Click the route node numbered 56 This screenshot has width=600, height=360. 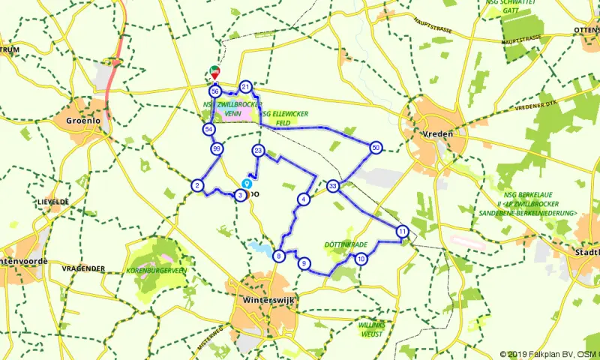coord(214,91)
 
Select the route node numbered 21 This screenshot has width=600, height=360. coord(245,87)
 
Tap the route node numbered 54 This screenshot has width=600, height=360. coord(208,130)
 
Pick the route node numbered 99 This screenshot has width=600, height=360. coord(217,148)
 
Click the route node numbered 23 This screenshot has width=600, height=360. coord(259,151)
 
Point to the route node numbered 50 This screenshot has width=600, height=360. coord(376,148)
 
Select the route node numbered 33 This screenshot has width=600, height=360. coord(333,185)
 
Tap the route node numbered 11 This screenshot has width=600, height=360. coord(403,231)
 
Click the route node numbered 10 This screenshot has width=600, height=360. coord(361,259)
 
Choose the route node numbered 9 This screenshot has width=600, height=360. coord(304,263)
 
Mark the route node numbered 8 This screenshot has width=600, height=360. coord(279,256)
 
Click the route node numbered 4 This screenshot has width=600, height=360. coord(303,199)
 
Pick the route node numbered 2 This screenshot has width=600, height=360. coord(197,186)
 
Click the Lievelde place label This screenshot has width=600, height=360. coord(52,202)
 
